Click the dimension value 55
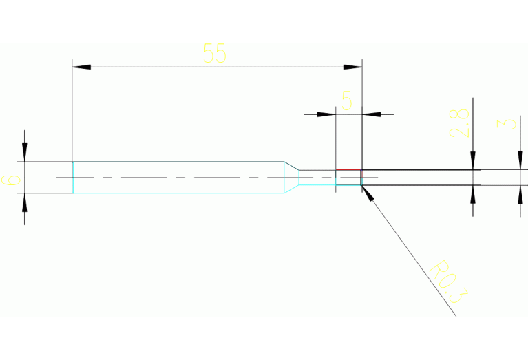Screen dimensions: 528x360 [215, 54]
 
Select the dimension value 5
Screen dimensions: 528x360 [347, 102]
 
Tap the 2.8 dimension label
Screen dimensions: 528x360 [460, 123]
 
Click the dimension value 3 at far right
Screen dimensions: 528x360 [508, 123]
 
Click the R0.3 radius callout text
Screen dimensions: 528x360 [447, 282]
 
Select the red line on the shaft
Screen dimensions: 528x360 [348, 169]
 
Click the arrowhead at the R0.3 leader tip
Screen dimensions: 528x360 [367, 192]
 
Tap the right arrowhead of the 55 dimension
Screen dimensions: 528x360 [353, 67]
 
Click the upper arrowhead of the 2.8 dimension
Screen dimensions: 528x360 [473, 161]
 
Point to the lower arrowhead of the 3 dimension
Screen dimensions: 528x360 [520, 194]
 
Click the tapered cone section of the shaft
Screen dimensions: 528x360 [292, 177]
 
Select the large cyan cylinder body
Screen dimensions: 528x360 [179, 177]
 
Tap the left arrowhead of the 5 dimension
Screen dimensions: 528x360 [326, 114]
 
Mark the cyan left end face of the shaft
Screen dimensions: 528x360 [72, 177]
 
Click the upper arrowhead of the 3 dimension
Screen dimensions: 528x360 [520, 161]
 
